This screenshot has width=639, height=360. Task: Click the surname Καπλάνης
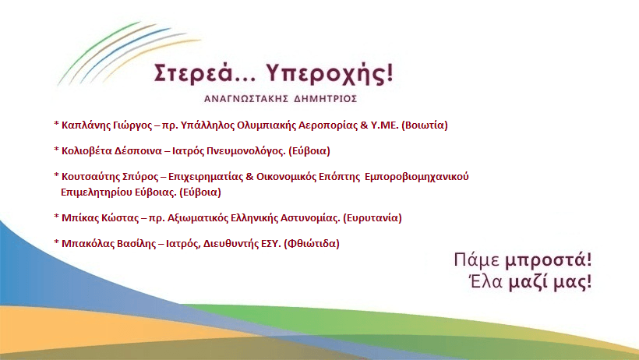coord(86,125)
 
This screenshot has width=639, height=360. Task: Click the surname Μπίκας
coord(79,217)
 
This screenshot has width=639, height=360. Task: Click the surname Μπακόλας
coord(87,243)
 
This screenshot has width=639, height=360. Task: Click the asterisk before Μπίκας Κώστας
coord(56,216)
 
